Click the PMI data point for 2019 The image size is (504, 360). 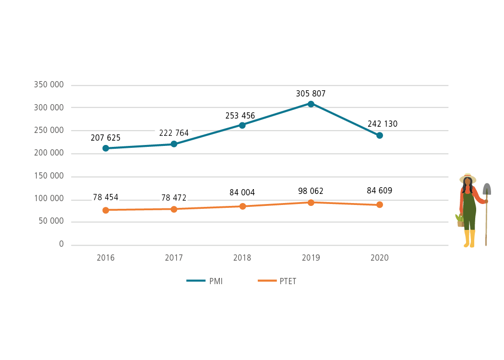click(x=311, y=104)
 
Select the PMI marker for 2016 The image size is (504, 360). click(x=106, y=148)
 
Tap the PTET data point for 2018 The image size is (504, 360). click(x=242, y=206)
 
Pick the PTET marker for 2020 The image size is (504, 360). click(x=379, y=204)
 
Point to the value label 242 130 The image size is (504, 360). click(x=383, y=124)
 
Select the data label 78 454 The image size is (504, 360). click(x=106, y=197)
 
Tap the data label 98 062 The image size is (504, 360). click(x=311, y=191)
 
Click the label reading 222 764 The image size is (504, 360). click(x=174, y=133)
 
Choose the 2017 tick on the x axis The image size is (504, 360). click(x=174, y=258)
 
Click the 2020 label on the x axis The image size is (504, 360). click(x=379, y=258)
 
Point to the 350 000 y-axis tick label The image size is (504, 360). click(x=49, y=85)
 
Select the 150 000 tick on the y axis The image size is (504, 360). click(x=49, y=176)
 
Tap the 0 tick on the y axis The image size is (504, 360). click(x=61, y=244)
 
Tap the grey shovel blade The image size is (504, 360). click(x=487, y=189)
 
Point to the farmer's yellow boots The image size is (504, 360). click(x=469, y=239)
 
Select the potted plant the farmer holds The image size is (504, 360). click(x=460, y=220)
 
